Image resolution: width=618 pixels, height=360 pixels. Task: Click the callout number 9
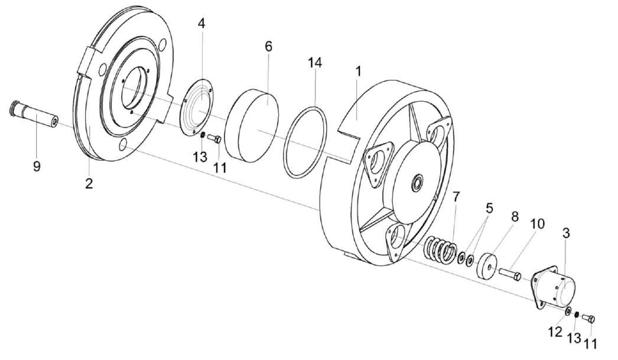pos(37,167)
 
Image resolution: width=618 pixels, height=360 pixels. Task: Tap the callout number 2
pos(89,183)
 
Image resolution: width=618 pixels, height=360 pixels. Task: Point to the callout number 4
pos(201,24)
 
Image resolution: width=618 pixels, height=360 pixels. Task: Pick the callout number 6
pos(269,46)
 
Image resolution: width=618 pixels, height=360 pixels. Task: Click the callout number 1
pos(357,72)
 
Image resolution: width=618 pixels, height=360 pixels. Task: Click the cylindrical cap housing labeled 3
pos(555,287)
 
